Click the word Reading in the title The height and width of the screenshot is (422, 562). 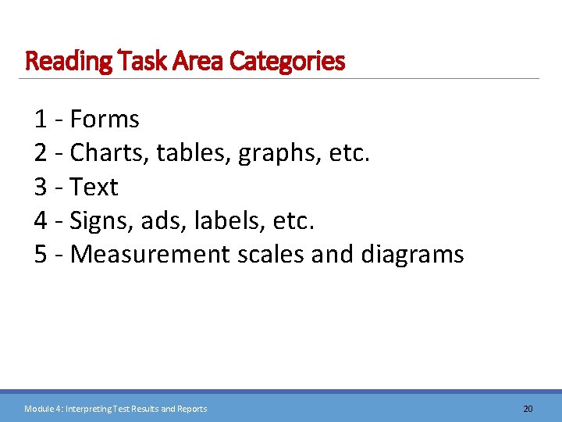click(x=69, y=61)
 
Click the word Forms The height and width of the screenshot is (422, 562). click(x=105, y=120)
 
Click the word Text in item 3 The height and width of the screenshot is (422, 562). click(x=94, y=188)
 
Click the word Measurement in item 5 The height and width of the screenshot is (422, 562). click(x=149, y=255)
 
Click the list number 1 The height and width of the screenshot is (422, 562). click(x=41, y=120)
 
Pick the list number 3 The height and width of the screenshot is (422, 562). click(x=41, y=188)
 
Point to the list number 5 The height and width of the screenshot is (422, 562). click(x=41, y=255)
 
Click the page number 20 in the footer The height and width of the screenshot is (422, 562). click(x=528, y=409)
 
